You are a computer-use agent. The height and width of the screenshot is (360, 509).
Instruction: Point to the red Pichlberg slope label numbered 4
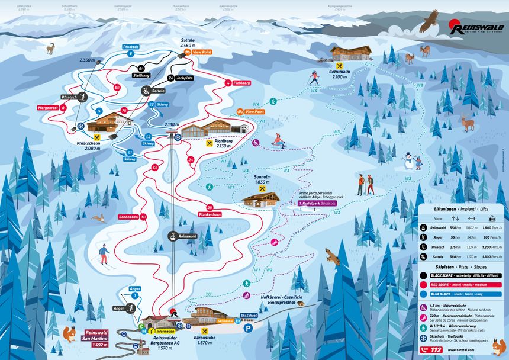tap(239, 83)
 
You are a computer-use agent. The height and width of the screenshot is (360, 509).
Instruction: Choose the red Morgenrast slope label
tap(65, 108)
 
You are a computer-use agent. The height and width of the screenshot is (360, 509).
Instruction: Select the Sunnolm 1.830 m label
tap(262, 179)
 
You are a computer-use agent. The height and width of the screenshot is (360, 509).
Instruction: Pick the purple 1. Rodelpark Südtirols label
tap(315, 203)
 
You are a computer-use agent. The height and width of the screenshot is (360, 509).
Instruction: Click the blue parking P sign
tap(249, 327)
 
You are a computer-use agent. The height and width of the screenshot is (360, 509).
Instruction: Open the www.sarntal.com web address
tap(481, 349)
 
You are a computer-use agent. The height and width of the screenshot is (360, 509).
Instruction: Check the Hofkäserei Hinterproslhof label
tap(277, 300)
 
